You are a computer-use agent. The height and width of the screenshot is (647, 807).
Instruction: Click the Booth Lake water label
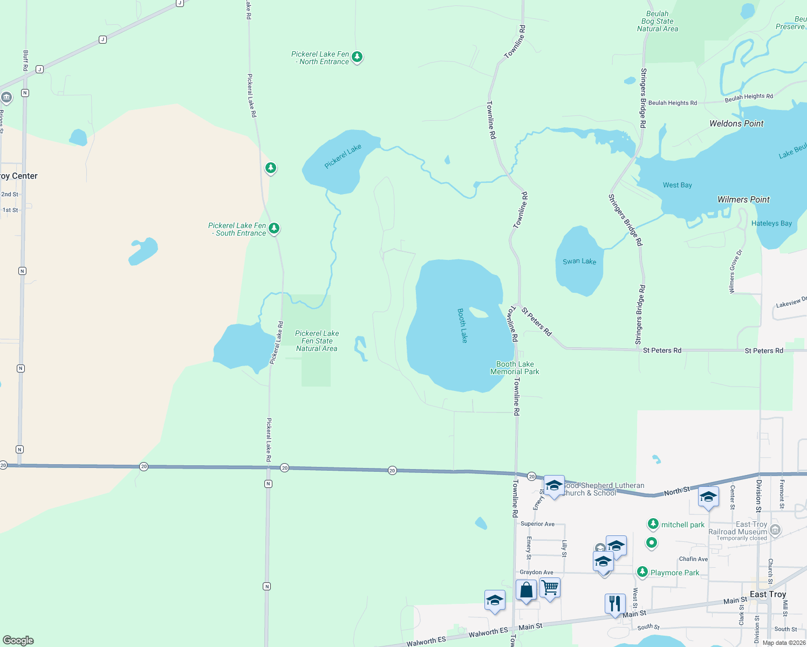tap(462, 325)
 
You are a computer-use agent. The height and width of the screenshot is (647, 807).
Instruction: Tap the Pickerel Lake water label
tap(343, 156)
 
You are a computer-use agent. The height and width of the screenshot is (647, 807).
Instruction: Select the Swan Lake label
tap(579, 261)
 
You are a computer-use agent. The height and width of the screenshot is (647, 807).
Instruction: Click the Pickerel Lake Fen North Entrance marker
tap(357, 57)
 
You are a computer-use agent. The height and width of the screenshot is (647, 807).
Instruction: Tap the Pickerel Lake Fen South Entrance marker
tap(274, 228)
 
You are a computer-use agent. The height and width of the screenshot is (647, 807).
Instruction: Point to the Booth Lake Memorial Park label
tap(515, 368)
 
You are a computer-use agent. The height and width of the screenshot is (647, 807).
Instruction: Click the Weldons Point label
tap(736, 123)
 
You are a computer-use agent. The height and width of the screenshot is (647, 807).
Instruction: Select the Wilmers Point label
tap(743, 199)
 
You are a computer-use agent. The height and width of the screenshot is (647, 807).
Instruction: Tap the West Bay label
tap(677, 185)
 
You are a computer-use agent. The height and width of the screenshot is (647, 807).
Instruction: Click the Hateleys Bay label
tap(771, 223)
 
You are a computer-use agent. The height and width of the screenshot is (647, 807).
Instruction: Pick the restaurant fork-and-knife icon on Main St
tap(614, 603)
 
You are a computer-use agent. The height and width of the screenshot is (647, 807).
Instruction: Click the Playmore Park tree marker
tap(642, 572)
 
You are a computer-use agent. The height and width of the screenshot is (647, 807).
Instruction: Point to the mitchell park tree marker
tap(653, 524)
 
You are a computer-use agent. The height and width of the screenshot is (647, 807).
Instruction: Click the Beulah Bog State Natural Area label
tap(657, 22)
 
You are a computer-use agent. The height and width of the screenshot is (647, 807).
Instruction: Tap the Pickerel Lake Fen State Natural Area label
tap(317, 341)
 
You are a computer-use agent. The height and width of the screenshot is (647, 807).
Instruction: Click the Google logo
tap(18, 641)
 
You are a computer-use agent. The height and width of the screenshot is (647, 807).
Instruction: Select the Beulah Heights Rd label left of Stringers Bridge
tap(672, 103)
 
